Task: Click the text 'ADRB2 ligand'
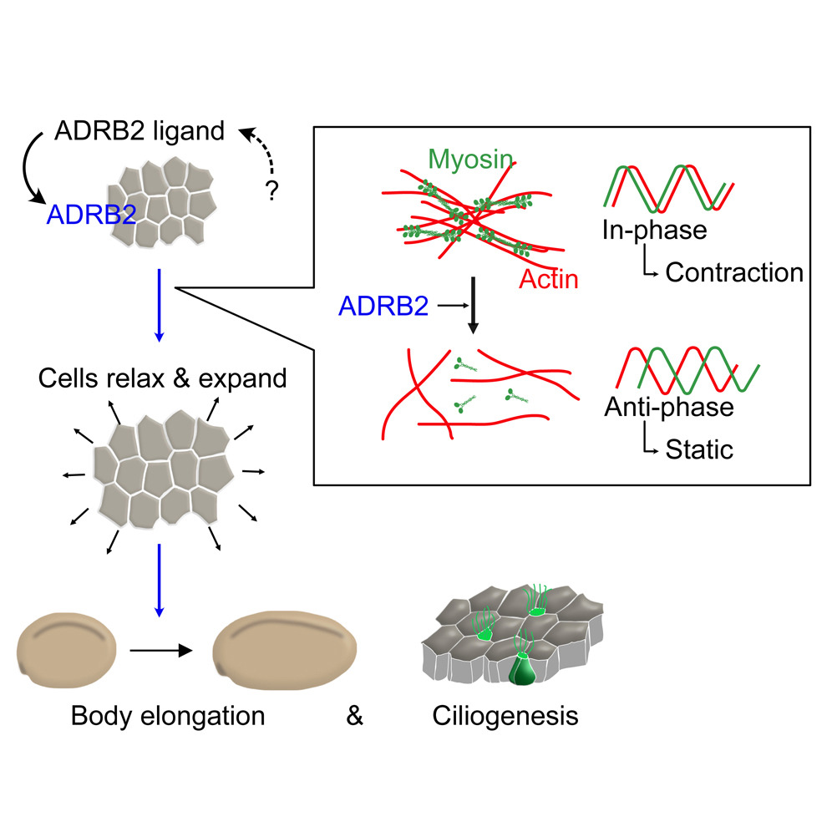point(140,131)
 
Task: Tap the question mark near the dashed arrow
point(271,191)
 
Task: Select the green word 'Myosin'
point(469,159)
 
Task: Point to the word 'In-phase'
point(654,229)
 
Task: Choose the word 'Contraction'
point(733,272)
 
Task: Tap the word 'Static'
point(699,450)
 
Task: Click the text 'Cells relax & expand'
point(162,378)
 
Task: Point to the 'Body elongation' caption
point(168,716)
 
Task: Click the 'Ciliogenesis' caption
point(505,716)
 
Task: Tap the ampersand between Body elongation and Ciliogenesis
point(355,716)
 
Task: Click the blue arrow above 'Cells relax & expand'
point(159,305)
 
